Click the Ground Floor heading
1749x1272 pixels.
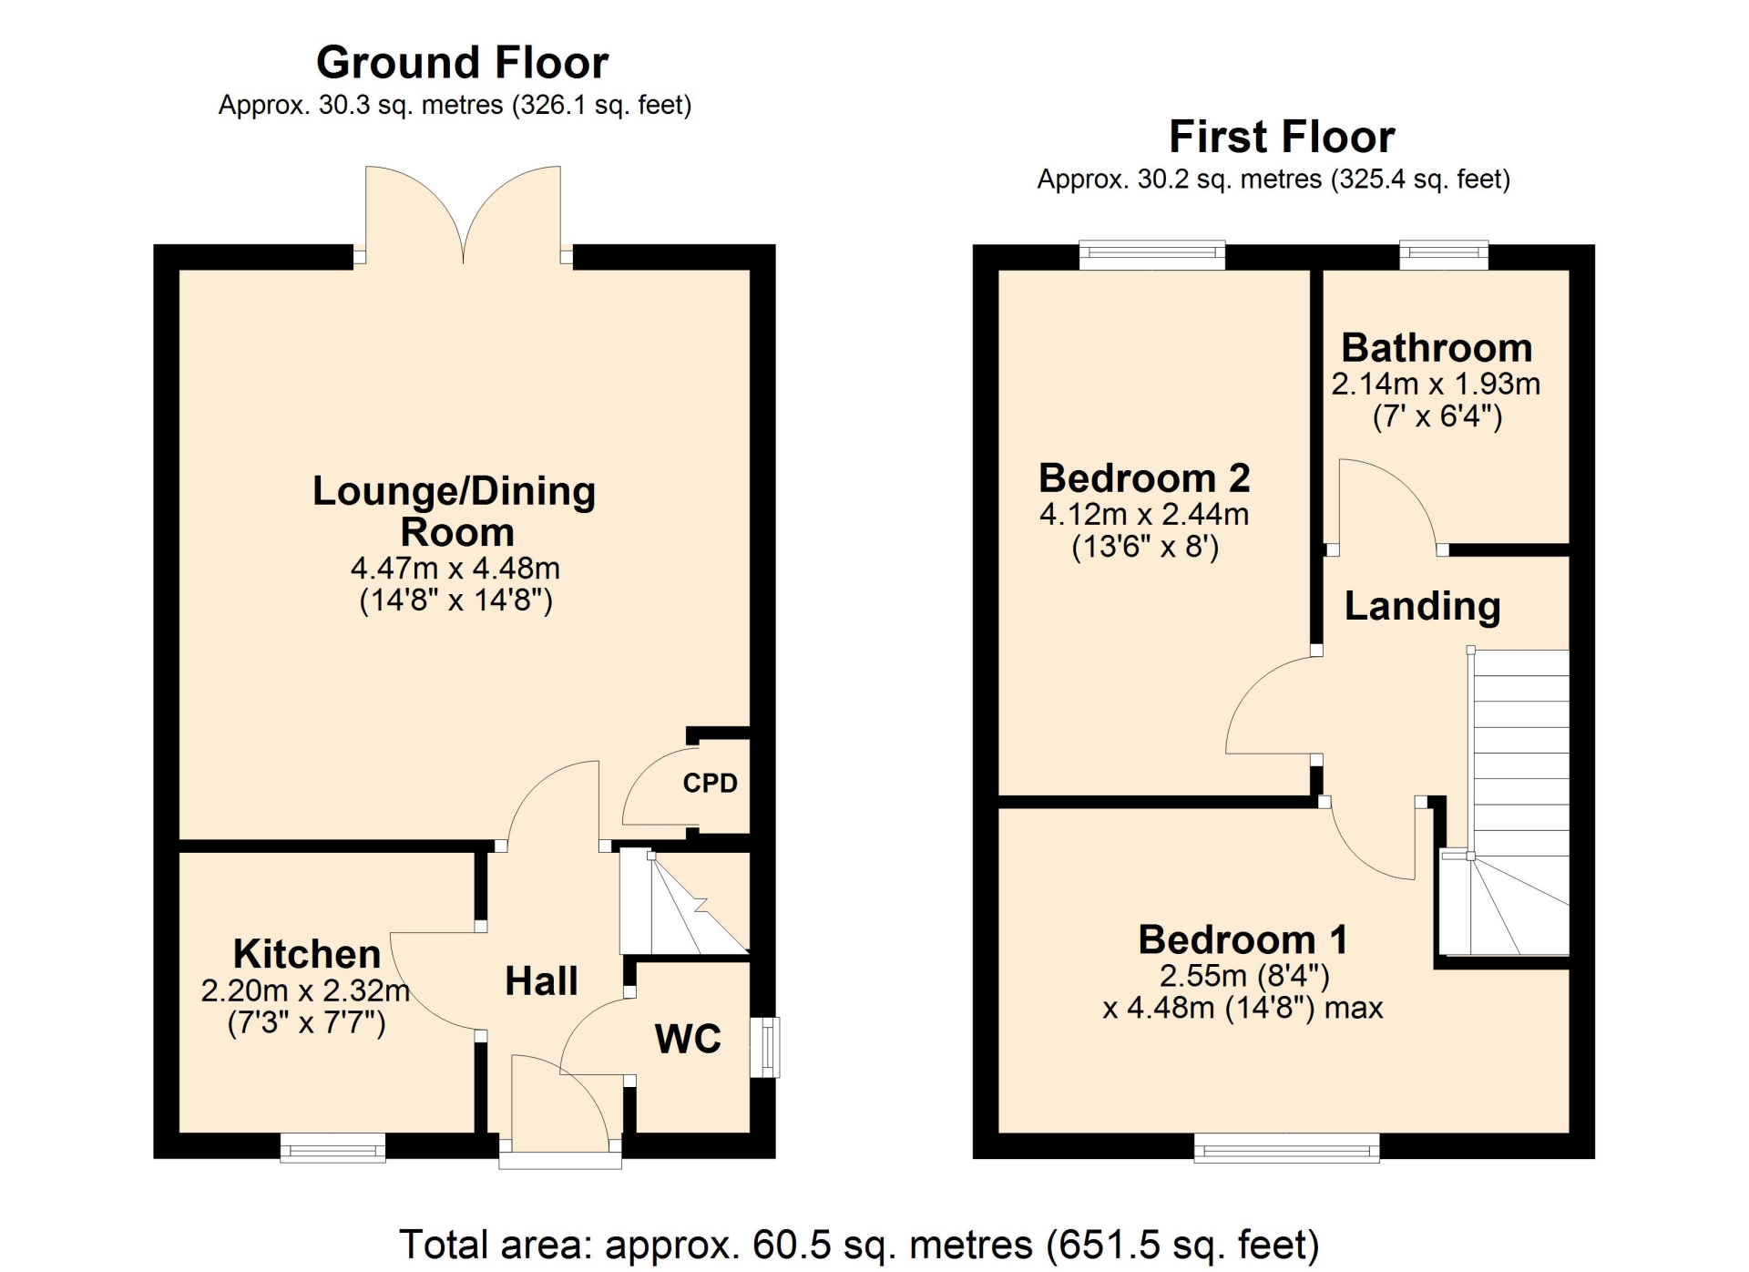(462, 63)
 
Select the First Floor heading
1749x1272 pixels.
(1282, 138)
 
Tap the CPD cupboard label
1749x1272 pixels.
(710, 783)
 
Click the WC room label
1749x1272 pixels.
(688, 1039)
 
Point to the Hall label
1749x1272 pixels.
(541, 981)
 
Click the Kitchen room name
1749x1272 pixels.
(307, 954)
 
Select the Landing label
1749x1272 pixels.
(1422, 607)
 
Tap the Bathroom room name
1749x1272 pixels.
(1437, 348)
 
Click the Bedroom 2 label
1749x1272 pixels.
(1144, 478)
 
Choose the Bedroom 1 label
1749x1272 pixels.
(1243, 939)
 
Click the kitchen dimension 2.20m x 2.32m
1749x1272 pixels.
(305, 990)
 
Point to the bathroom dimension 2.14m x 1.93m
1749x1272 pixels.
(1436, 384)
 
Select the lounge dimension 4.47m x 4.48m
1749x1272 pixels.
(455, 568)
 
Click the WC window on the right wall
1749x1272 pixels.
(765, 1047)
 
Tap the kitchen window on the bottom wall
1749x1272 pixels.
(332, 1148)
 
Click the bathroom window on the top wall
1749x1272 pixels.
(1444, 255)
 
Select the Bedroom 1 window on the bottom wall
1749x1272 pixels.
(1286, 1148)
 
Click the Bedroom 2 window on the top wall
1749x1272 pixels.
(1152, 255)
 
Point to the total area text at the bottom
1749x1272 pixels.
(859, 1245)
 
